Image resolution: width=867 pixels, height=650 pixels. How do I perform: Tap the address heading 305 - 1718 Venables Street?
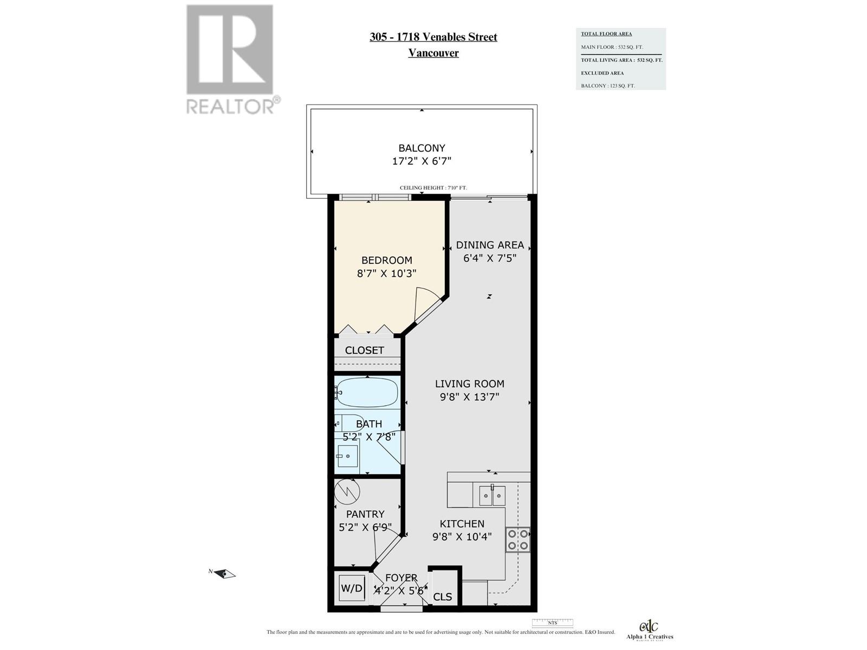point(433,37)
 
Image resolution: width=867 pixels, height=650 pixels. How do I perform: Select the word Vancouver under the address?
point(433,53)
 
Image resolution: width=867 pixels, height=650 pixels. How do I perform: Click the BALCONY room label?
point(422,148)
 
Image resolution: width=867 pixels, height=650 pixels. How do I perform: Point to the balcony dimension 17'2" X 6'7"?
point(422,161)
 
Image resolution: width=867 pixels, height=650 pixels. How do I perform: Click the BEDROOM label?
point(386,260)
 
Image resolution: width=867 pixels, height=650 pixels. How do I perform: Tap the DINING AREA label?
point(489,245)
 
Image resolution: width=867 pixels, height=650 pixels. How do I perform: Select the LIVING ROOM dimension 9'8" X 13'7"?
point(469,397)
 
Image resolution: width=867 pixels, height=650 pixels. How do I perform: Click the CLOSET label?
point(364,350)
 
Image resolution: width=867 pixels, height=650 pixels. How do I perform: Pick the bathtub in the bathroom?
point(367,392)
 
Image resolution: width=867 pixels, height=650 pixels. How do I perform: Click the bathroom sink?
point(347,456)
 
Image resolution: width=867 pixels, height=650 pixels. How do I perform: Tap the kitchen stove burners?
point(517,539)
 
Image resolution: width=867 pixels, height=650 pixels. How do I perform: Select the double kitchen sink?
point(492,496)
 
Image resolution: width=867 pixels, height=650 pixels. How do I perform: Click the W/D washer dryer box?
point(351,588)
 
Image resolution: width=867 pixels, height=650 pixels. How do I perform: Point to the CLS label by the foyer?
point(443,597)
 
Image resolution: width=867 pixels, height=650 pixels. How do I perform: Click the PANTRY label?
point(365,514)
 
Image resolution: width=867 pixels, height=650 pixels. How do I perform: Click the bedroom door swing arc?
point(428,303)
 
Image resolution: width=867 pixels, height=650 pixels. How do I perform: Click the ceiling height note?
point(433,188)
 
